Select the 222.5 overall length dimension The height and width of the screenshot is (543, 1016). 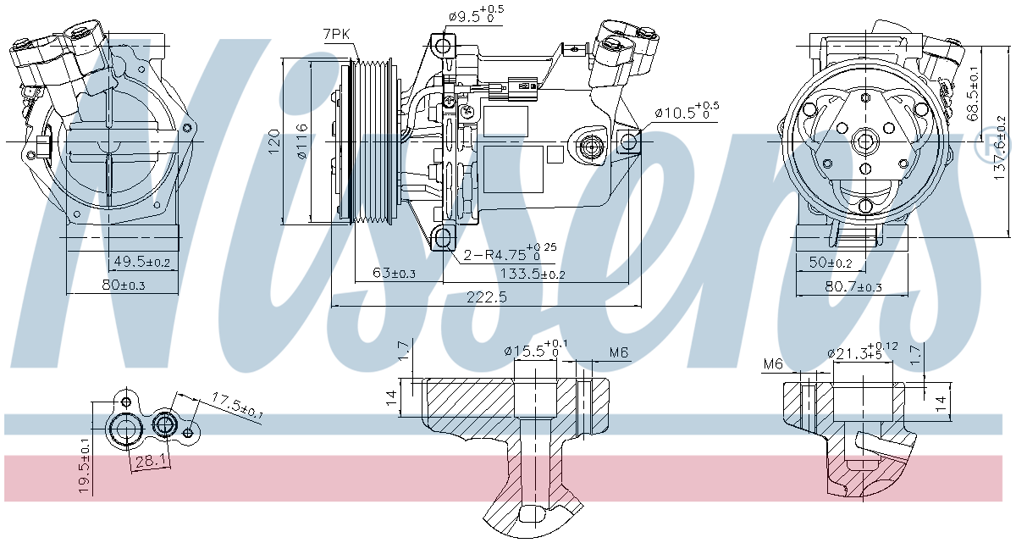[x=485, y=297]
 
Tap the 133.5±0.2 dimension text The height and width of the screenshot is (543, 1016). [x=534, y=273]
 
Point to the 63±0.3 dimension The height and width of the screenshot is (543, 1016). [x=394, y=273]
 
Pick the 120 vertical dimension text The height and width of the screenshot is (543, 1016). [x=273, y=141]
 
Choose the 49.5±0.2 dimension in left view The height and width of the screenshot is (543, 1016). [x=141, y=263]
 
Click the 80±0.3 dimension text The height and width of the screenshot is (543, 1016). [x=124, y=285]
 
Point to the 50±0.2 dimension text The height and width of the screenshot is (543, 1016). [x=831, y=263]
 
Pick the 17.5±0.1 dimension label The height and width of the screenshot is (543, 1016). [x=237, y=406]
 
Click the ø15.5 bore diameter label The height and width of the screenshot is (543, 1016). [x=536, y=350]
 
